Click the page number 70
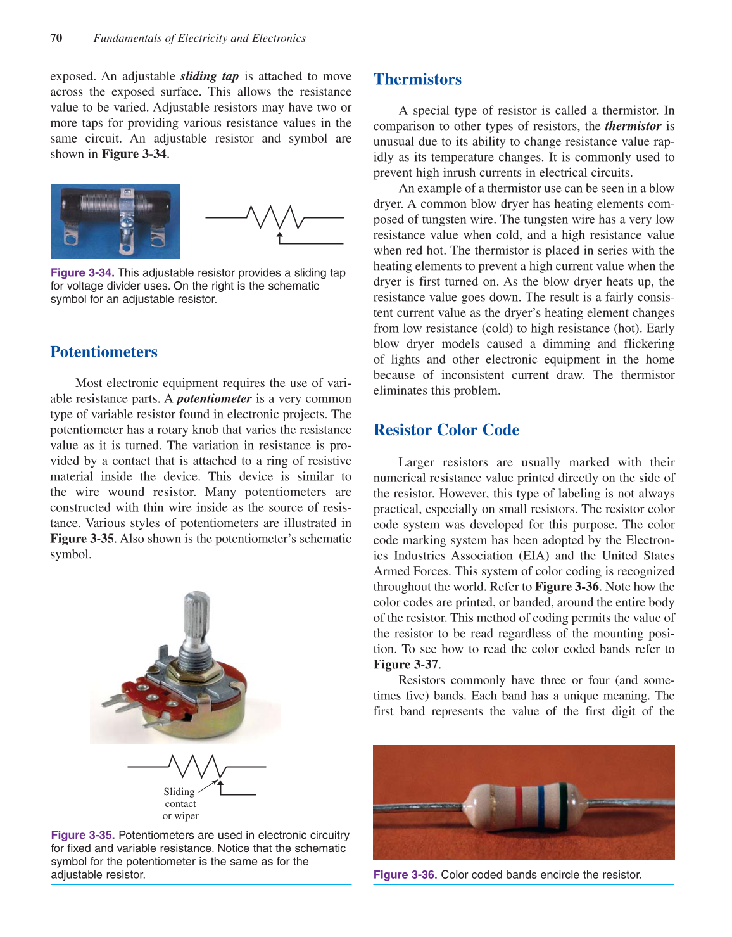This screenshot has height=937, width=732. [56, 38]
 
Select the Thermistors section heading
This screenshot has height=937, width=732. [417, 79]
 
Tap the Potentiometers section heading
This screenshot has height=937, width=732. [104, 352]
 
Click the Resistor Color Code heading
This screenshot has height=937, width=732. [446, 430]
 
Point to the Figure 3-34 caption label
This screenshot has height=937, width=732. [82, 272]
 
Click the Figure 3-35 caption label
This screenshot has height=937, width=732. [83, 835]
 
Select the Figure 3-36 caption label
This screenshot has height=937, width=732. [405, 874]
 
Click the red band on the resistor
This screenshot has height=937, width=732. [519, 801]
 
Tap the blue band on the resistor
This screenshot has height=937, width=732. [541, 801]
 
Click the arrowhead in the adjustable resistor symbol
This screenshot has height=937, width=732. [280, 236]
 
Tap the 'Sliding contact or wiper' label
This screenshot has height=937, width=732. [180, 803]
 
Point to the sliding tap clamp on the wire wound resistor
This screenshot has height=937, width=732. [127, 212]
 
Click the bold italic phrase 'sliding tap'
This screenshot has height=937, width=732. [210, 76]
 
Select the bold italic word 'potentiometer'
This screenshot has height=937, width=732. [214, 398]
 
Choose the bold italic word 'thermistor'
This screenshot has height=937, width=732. [633, 126]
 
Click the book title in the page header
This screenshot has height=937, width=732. [199, 38]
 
